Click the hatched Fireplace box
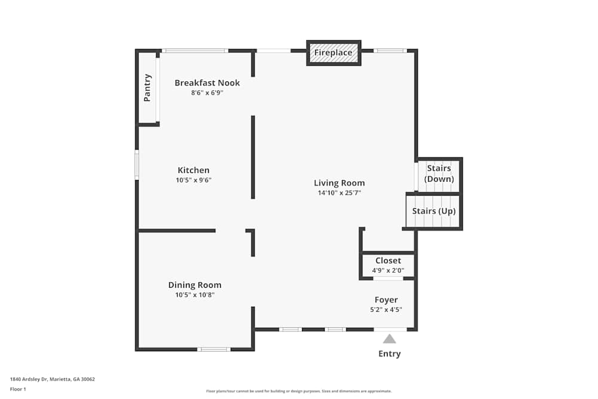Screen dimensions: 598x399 pos(334,53)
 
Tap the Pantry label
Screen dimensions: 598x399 pos(147,88)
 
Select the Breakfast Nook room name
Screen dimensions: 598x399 pos(207,83)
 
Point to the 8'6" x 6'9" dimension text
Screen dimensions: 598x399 pos(207,93)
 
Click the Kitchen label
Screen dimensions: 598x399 pos(193,170)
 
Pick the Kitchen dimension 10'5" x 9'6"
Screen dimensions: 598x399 pos(193,180)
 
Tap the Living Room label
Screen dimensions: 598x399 pos(340,183)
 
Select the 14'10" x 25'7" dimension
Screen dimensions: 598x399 pos(340,193)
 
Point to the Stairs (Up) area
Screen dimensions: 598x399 pos(434,211)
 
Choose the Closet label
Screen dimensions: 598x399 pos(388,261)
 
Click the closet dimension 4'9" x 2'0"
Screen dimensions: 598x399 pos(388,270)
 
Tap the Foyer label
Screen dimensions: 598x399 pos(386,300)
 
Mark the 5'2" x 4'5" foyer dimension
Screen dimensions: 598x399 pos(386,310)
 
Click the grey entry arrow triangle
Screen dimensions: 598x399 pos(389,339)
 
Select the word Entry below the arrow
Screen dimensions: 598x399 pos(389,354)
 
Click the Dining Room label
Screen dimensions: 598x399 pos(194,285)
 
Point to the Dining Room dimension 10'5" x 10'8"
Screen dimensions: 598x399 pos(194,295)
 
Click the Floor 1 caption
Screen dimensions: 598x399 pos(18,389)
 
